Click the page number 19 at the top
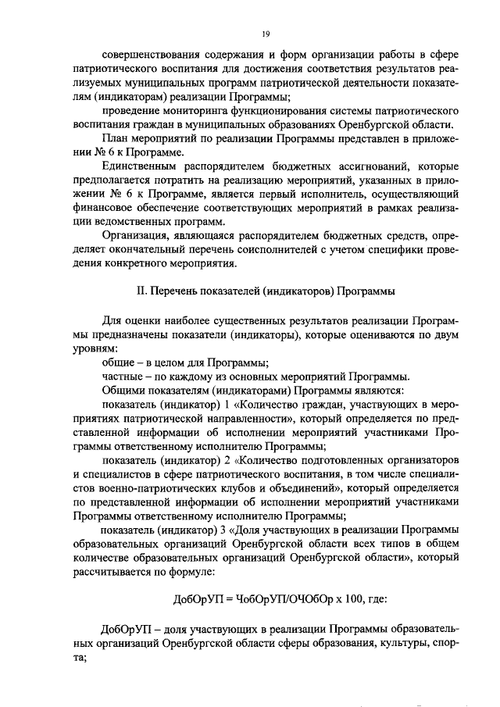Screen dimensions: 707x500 (266, 34)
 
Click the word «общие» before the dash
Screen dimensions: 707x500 (118, 365)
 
